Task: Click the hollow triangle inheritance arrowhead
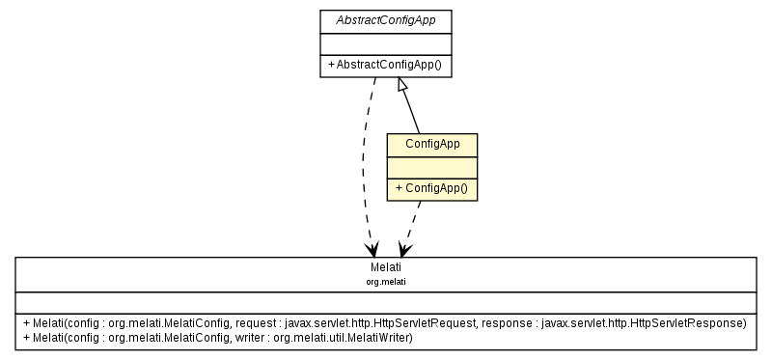pos(404,85)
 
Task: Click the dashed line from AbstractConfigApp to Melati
pos(364,164)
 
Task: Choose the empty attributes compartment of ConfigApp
pos(431,167)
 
